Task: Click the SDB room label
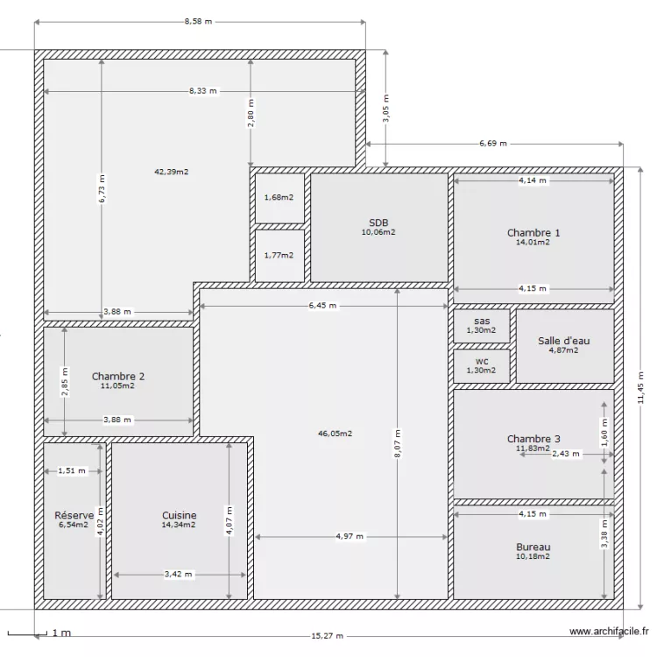coord(378,223)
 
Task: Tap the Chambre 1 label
coord(533,233)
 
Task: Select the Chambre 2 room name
coord(117,377)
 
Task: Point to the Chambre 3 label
coord(533,439)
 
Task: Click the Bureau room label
coord(533,547)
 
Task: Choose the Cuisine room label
coord(179,516)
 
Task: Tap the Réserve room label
coord(74,516)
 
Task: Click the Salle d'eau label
coord(564,341)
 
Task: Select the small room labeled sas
coord(481,321)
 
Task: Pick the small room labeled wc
coord(481,361)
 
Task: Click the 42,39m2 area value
coord(172,172)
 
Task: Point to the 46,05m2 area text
coord(335,433)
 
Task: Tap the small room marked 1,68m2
coord(279,197)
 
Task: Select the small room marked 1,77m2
coord(279,255)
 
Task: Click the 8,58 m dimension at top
coord(199,21)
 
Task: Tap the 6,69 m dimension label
coord(494,143)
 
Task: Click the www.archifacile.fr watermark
coord(609,631)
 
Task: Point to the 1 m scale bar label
coord(61,632)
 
